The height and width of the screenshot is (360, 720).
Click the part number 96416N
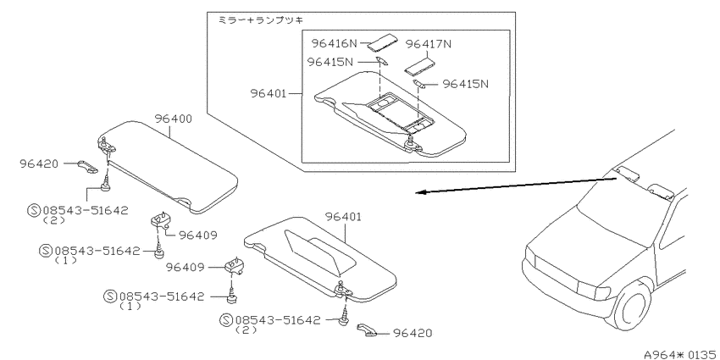(335, 43)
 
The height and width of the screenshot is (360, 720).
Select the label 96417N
(429, 44)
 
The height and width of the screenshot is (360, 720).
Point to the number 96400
(173, 119)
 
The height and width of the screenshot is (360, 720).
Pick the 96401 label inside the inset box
(269, 93)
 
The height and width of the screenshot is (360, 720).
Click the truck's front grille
(557, 274)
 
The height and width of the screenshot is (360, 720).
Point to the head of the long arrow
(417, 193)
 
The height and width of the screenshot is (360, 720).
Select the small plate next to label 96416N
(379, 42)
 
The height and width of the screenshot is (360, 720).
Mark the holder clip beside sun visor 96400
(87, 166)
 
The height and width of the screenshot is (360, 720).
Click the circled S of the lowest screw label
(226, 320)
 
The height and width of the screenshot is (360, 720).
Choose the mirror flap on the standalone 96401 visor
(319, 252)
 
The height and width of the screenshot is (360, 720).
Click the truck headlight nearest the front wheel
(593, 291)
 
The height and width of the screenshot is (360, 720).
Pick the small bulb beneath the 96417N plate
(418, 83)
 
